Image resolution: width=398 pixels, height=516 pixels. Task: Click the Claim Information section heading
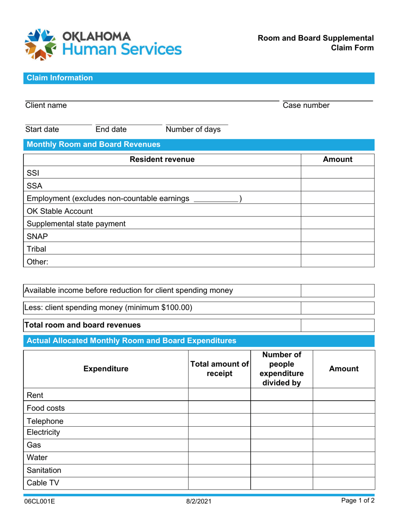pos(60,78)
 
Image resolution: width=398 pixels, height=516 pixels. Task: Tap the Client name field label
pos(46,106)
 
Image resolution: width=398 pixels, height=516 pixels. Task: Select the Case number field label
pos(306,106)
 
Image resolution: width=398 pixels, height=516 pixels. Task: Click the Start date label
pos(42,129)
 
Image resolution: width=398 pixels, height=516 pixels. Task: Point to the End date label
pos(111,129)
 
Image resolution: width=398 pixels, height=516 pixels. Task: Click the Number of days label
pos(193,129)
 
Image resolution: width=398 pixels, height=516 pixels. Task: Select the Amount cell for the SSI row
pos(337,172)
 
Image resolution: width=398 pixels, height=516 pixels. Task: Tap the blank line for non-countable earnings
pos(216,198)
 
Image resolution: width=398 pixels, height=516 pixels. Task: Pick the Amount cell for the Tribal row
pos(337,249)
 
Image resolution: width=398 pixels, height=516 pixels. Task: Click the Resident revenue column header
pos(162,159)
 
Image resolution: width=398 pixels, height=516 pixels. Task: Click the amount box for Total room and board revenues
pos(337,325)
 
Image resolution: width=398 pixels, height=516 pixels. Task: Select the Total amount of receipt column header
pos(220,369)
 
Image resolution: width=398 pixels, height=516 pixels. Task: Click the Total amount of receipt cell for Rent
pos(220,395)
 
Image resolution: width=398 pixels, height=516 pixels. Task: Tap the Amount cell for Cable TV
pos(343,483)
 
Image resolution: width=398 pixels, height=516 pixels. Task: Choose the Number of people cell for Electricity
pos(282,432)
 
